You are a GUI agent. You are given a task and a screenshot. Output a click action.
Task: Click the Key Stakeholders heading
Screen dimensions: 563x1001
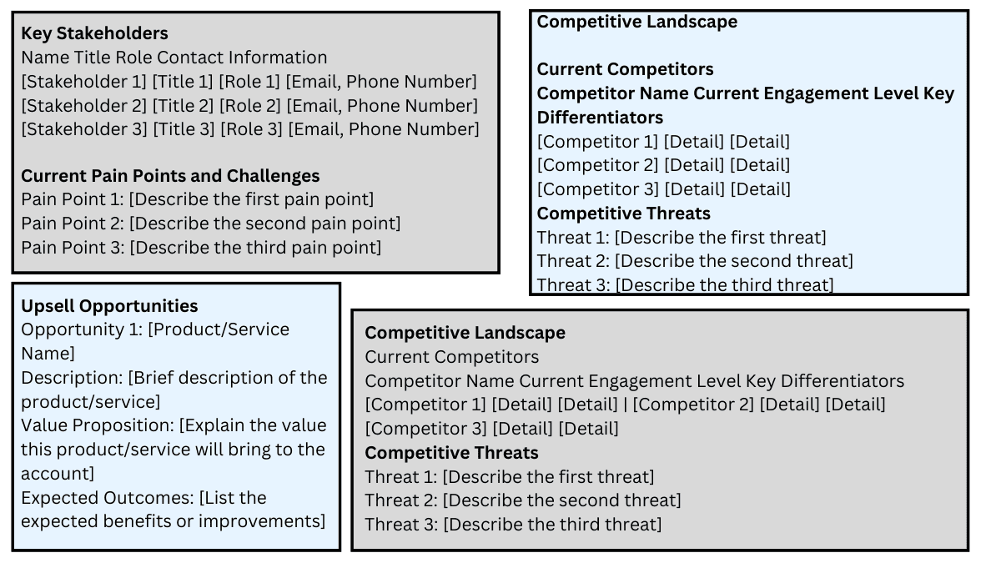click(94, 33)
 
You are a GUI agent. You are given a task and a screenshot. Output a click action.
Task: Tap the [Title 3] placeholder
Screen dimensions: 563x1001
click(185, 129)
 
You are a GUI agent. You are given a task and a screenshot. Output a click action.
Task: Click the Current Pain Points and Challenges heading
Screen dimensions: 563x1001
click(170, 176)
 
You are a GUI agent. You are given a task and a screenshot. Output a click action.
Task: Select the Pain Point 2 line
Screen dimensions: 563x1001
click(210, 224)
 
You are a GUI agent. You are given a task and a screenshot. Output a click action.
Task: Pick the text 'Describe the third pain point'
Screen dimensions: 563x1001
click(255, 248)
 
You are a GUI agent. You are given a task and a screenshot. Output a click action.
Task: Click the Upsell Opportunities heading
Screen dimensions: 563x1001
click(109, 306)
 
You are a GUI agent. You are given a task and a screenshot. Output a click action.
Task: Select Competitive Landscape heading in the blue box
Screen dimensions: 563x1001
click(636, 22)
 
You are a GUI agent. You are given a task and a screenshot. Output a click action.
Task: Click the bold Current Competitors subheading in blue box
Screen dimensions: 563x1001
click(625, 69)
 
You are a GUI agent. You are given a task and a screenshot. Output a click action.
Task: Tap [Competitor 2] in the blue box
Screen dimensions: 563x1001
click(597, 165)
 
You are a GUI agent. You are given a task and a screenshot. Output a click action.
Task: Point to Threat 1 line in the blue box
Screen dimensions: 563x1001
click(681, 237)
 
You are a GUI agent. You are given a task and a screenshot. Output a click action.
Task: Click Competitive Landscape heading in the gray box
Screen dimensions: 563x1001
click(465, 333)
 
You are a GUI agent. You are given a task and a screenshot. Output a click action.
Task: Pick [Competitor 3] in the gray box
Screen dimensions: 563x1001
click(425, 429)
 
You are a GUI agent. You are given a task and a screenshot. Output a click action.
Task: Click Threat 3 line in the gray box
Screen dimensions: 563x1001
click(513, 525)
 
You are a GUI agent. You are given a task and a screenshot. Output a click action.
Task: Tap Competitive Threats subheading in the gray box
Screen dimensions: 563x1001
click(451, 453)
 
